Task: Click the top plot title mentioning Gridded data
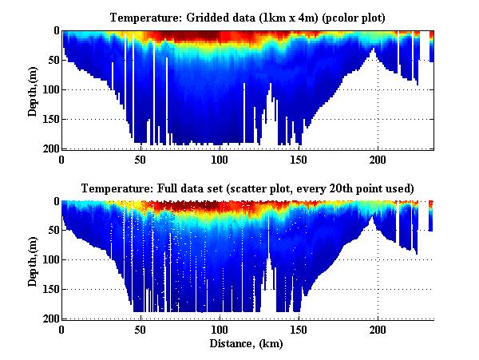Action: click(x=247, y=17)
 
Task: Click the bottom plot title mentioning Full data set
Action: click(x=247, y=188)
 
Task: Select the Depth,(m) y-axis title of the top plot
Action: click(x=33, y=89)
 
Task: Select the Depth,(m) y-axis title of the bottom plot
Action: click(x=33, y=260)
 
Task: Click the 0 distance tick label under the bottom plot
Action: click(x=61, y=330)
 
